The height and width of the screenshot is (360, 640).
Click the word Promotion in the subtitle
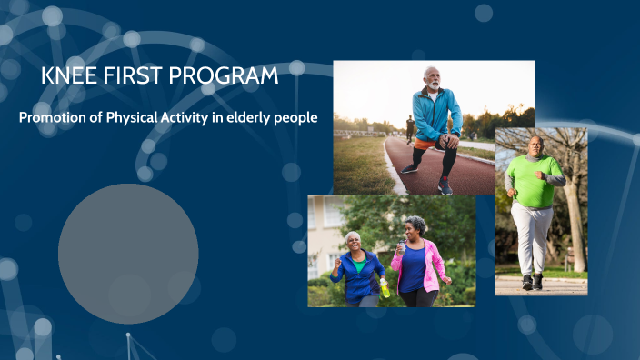coord(54,118)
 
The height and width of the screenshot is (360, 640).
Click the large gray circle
coord(128,253)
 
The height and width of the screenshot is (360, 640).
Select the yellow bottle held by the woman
coord(385,287)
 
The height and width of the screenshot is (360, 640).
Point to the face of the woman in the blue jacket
coord(353,242)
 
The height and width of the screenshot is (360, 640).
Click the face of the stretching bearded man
coord(433,78)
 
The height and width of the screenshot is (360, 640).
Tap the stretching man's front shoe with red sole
coord(445,187)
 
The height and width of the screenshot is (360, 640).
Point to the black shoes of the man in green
coord(533,283)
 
